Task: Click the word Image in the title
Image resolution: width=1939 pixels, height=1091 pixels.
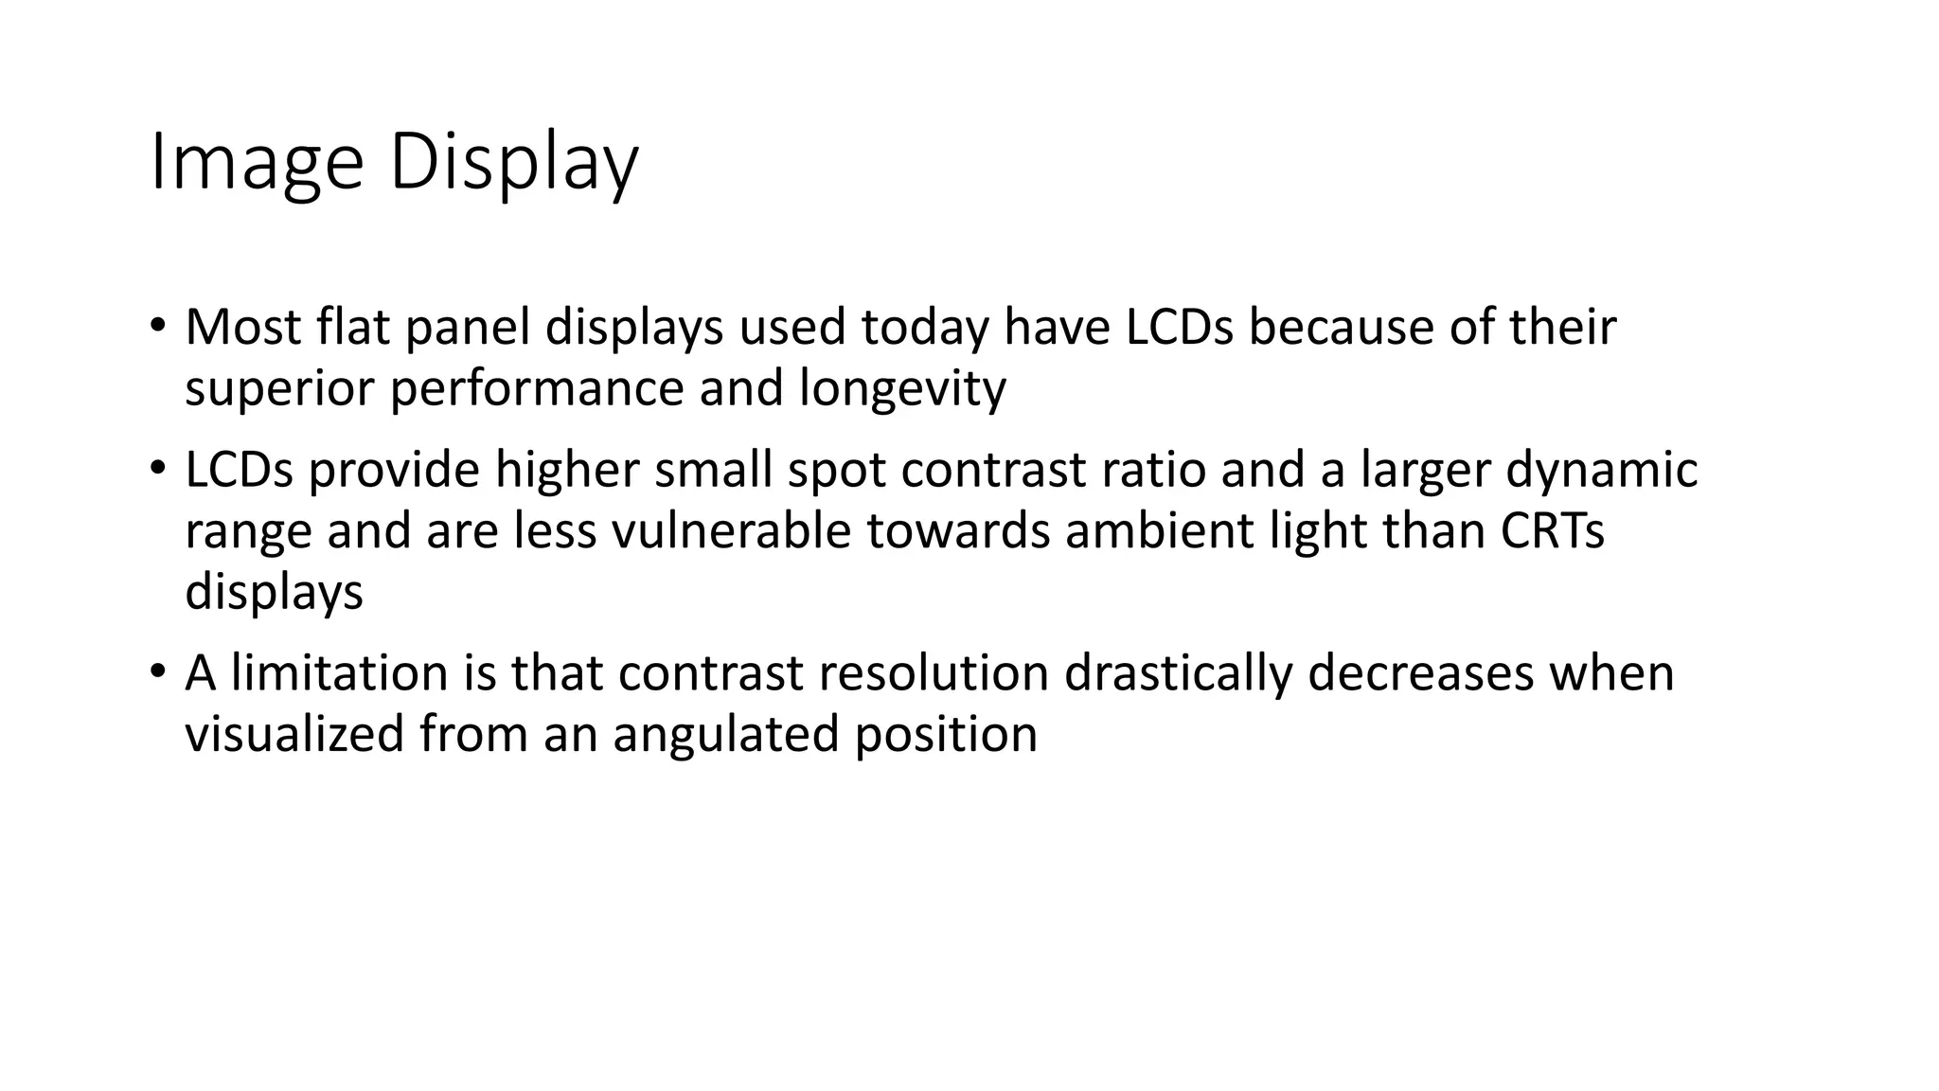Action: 257,163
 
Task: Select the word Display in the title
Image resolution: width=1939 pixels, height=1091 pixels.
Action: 514,163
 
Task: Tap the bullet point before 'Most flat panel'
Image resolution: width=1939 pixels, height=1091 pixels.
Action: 157,324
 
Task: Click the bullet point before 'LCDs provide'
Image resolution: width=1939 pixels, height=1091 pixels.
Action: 157,467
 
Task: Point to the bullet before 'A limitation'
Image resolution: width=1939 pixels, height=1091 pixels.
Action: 157,671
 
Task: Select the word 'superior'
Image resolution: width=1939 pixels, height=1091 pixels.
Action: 279,389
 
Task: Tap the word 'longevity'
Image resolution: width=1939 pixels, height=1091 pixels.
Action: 901,389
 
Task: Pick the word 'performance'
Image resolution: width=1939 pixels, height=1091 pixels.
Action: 537,389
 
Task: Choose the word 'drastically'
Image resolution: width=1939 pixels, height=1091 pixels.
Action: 1178,673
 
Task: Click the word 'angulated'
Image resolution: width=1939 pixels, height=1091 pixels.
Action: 726,735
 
